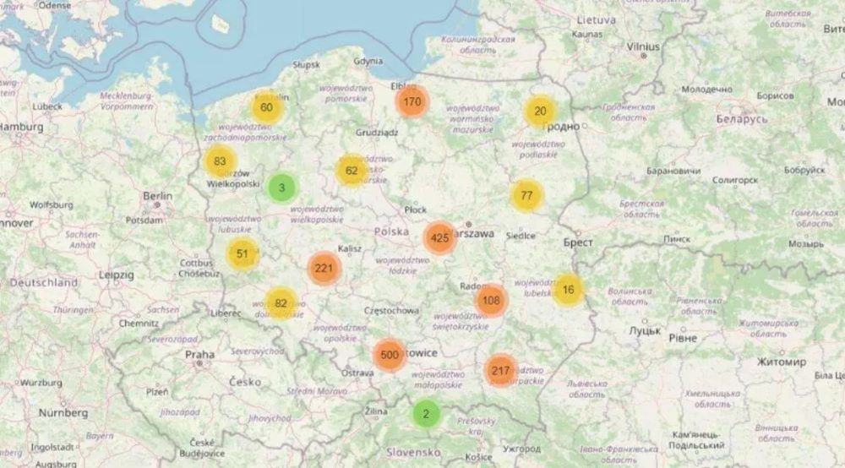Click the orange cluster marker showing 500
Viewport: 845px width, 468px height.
(x=390, y=355)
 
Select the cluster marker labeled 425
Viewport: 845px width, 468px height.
(x=439, y=238)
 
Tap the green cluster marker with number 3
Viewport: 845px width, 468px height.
(x=282, y=188)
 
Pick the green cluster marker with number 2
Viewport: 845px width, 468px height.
(x=426, y=414)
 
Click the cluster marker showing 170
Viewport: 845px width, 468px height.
(x=412, y=102)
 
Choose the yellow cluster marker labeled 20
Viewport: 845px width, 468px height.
(x=540, y=112)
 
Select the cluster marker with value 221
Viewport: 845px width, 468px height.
(x=323, y=269)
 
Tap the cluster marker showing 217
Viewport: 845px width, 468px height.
(x=501, y=370)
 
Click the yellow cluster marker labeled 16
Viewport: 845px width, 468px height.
(x=568, y=290)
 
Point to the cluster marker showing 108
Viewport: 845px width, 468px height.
(x=492, y=300)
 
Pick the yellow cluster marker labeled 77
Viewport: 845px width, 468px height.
(x=526, y=196)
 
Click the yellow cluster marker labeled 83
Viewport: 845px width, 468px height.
(x=221, y=161)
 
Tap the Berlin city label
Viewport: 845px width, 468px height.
(x=158, y=196)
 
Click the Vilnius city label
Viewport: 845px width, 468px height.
(x=643, y=46)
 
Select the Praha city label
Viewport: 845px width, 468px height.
(x=199, y=355)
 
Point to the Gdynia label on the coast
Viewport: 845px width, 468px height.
(x=368, y=61)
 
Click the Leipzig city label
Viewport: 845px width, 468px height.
(x=116, y=275)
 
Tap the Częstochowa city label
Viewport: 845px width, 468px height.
(x=390, y=310)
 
